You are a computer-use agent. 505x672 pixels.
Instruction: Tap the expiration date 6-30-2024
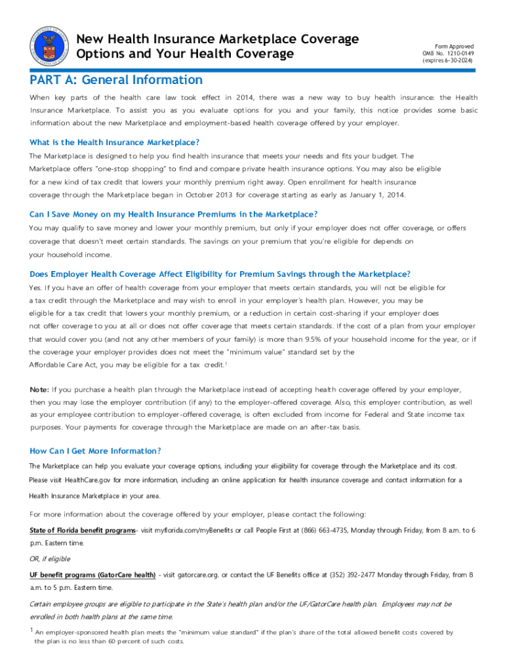[x=456, y=60]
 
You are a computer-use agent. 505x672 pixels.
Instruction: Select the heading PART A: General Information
[x=116, y=80]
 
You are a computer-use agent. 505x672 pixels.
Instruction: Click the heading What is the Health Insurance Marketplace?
[x=115, y=142]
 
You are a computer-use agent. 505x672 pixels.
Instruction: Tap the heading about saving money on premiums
[x=174, y=215]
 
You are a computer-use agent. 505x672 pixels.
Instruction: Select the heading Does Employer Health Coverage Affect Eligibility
[x=220, y=274]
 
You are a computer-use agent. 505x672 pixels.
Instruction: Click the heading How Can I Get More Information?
[x=95, y=451]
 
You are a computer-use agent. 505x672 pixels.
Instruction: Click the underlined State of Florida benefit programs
[x=82, y=530]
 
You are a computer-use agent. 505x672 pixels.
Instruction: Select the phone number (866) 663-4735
[x=324, y=530]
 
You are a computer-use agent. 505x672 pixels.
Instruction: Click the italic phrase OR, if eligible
[x=50, y=558]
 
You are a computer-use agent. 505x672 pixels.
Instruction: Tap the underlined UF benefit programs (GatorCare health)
[x=92, y=575]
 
